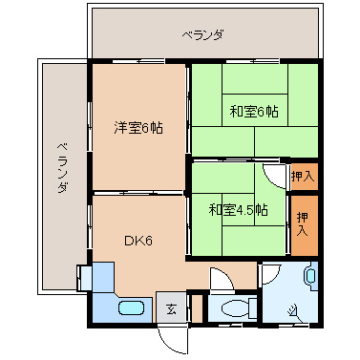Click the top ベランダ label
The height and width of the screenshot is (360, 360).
click(203, 35)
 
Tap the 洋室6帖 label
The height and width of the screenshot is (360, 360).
click(138, 127)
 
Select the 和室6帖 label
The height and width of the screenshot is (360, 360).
click(253, 112)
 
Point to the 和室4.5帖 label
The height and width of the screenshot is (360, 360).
click(238, 209)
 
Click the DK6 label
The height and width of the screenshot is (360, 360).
click(138, 241)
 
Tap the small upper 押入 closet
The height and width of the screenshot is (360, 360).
click(303, 176)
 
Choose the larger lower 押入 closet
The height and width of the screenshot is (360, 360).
click(303, 226)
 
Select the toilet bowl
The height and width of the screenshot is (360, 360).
click(233, 307)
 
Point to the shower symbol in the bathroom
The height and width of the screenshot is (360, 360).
click(292, 307)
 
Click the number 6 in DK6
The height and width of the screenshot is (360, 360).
click(148, 241)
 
